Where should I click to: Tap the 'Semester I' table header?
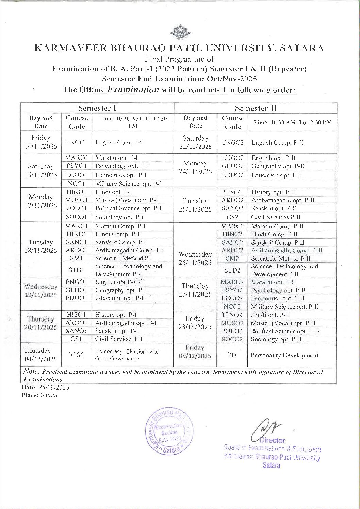click(x=97, y=108)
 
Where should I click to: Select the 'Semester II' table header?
click(x=256, y=108)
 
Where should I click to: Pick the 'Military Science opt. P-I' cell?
click(x=128, y=184)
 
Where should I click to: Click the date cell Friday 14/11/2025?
click(x=41, y=142)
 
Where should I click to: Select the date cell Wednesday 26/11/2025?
click(x=195, y=258)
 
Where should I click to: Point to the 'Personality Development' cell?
click(x=284, y=355)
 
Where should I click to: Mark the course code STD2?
click(x=232, y=270)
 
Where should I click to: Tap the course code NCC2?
click(x=232, y=306)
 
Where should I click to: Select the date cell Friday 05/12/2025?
click(x=195, y=352)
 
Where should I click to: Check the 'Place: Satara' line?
click(x=39, y=395)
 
